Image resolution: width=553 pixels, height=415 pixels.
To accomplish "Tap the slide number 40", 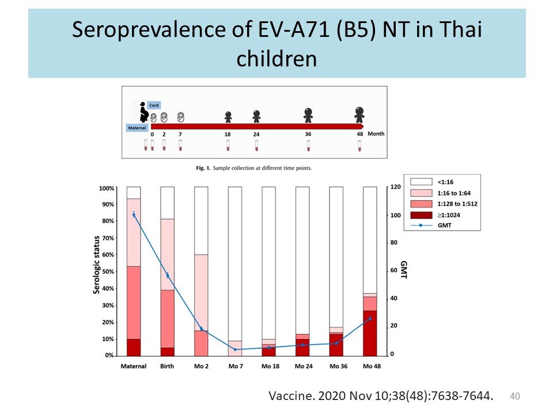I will click(516, 395).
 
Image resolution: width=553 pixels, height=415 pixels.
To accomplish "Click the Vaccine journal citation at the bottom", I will click(381, 396).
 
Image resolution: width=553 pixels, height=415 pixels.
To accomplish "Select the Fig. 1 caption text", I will click(254, 168).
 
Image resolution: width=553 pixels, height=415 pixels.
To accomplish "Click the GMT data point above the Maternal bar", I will click(134, 214).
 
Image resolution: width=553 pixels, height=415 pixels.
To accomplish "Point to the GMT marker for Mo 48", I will click(370, 318).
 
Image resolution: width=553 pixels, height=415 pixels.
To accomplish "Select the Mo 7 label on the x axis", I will click(234, 366).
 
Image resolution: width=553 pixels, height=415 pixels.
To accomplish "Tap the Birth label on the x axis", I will click(167, 366).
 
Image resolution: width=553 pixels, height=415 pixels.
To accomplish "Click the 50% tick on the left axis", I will click(108, 271).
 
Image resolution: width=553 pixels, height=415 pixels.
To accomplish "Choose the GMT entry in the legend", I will click(444, 225).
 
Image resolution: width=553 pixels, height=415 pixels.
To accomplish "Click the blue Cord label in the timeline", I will click(154, 105).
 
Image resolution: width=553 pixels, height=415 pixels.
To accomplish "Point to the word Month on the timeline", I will click(376, 134).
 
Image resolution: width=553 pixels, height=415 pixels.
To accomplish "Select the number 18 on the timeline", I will click(228, 134).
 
